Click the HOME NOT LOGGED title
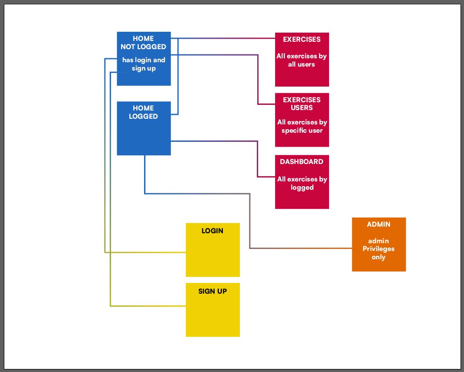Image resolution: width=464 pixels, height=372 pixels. point(143,43)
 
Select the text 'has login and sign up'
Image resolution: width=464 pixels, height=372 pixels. point(144,64)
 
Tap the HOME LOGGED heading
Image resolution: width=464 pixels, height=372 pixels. point(143,112)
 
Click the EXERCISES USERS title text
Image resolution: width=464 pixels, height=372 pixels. point(302,104)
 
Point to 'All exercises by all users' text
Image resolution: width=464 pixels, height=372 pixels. point(302,60)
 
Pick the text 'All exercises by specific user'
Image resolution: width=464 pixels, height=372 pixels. point(302,126)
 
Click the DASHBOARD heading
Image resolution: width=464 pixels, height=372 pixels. point(302,161)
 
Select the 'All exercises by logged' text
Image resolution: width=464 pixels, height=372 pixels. point(302,183)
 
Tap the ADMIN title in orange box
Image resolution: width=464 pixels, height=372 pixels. point(378,225)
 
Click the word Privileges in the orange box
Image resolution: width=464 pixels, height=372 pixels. point(378,249)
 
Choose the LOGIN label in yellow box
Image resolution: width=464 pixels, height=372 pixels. point(212,231)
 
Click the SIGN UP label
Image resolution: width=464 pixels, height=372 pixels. point(212,291)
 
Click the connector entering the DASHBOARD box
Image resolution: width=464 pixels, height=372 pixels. point(266,177)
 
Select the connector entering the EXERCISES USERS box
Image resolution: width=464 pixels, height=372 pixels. point(266,104)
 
